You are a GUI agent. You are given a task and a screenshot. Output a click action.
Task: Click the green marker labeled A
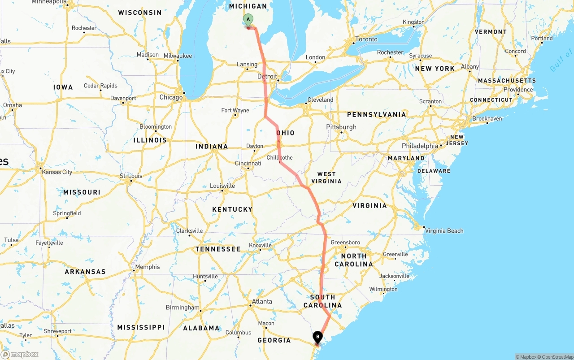pos(248,19)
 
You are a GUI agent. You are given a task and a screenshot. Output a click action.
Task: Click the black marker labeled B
pos(317,336)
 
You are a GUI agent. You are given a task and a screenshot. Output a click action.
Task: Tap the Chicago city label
pos(171,97)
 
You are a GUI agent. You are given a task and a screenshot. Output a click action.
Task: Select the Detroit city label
pos(267,77)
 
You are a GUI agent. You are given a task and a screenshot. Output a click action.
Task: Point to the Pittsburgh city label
pos(341,127)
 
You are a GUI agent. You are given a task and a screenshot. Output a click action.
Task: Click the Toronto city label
pos(366,39)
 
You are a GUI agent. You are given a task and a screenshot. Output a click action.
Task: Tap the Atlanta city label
pos(262,301)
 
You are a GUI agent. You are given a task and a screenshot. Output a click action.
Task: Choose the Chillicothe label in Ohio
pos(279,157)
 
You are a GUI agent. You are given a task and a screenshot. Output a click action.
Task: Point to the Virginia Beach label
pos(444,231)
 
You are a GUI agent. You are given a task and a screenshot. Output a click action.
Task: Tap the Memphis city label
pos(147,267)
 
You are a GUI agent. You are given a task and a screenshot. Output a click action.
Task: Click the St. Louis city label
pos(131,176)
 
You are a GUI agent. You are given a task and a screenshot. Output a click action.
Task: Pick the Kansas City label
pos(57,172)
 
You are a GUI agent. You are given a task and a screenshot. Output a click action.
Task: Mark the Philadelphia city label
pos(420,146)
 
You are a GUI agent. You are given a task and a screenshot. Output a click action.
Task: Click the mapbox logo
pos(20,354)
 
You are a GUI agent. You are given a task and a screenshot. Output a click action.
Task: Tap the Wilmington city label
pos(383,289)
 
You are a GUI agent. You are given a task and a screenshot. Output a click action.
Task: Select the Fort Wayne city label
pos(235,110)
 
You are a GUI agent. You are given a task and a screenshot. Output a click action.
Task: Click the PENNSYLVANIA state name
pos(376,115)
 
